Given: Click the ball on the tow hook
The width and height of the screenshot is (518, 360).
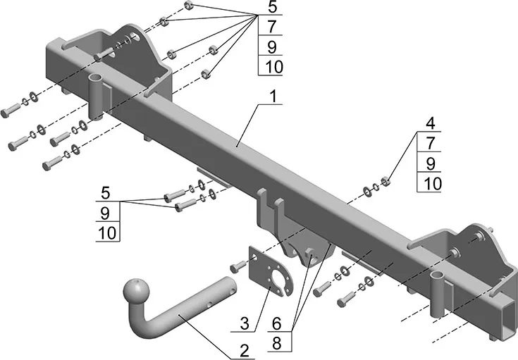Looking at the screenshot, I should click(134, 292).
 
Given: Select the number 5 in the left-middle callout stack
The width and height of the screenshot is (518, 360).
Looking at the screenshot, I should click(106, 192).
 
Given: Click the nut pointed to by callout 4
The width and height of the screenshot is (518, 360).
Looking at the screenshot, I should click(386, 183).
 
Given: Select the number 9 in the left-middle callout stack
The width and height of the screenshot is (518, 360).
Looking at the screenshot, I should click(106, 211).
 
